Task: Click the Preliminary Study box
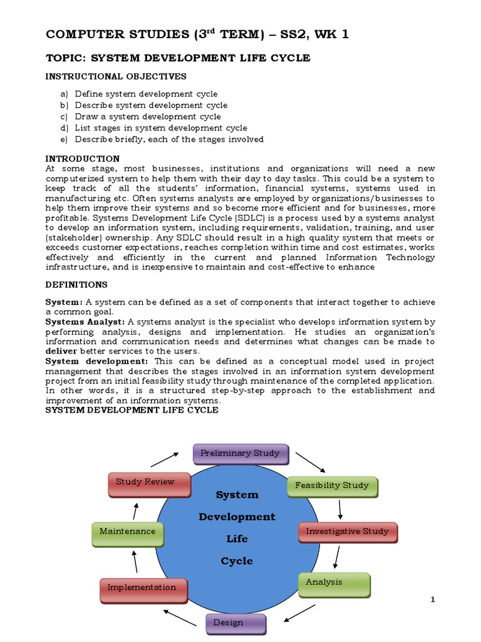[240, 453]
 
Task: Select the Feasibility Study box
[332, 485]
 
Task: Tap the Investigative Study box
[347, 532]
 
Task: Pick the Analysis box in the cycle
[334, 583]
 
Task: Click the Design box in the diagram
[236, 623]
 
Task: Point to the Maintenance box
[128, 532]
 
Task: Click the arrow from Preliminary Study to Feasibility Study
[310, 461]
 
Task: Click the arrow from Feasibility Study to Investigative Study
[340, 508]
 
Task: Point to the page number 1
[432, 600]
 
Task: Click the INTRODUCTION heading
[83, 159]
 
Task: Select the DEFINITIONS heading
[76, 285]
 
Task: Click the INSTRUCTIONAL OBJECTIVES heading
[116, 76]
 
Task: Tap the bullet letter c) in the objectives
[63, 117]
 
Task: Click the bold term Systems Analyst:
[85, 322]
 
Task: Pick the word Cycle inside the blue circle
[237, 561]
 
